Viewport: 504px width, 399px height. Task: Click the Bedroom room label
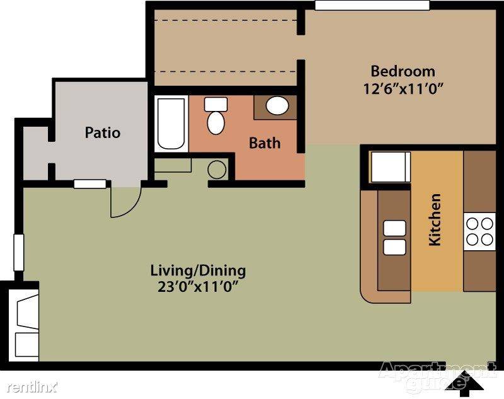click(403, 71)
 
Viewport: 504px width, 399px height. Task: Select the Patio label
click(103, 132)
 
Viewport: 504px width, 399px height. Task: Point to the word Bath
click(265, 143)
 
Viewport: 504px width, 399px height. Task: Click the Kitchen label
click(435, 219)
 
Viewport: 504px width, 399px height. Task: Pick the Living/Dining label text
click(198, 270)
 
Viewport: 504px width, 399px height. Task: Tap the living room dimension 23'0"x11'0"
click(199, 287)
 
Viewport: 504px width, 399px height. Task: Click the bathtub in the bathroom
click(171, 124)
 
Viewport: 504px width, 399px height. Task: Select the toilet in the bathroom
click(215, 116)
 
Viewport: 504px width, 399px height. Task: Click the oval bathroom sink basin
click(277, 105)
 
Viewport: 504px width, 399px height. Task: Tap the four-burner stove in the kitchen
click(479, 232)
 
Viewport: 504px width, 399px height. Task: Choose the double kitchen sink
click(394, 238)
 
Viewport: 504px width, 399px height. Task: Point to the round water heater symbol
click(217, 170)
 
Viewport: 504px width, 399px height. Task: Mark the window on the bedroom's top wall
click(372, 5)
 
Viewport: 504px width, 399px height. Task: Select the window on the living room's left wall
click(19, 253)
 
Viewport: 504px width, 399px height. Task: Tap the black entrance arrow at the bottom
click(466, 384)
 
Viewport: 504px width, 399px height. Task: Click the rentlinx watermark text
click(32, 387)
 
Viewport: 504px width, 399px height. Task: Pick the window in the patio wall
click(90, 184)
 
